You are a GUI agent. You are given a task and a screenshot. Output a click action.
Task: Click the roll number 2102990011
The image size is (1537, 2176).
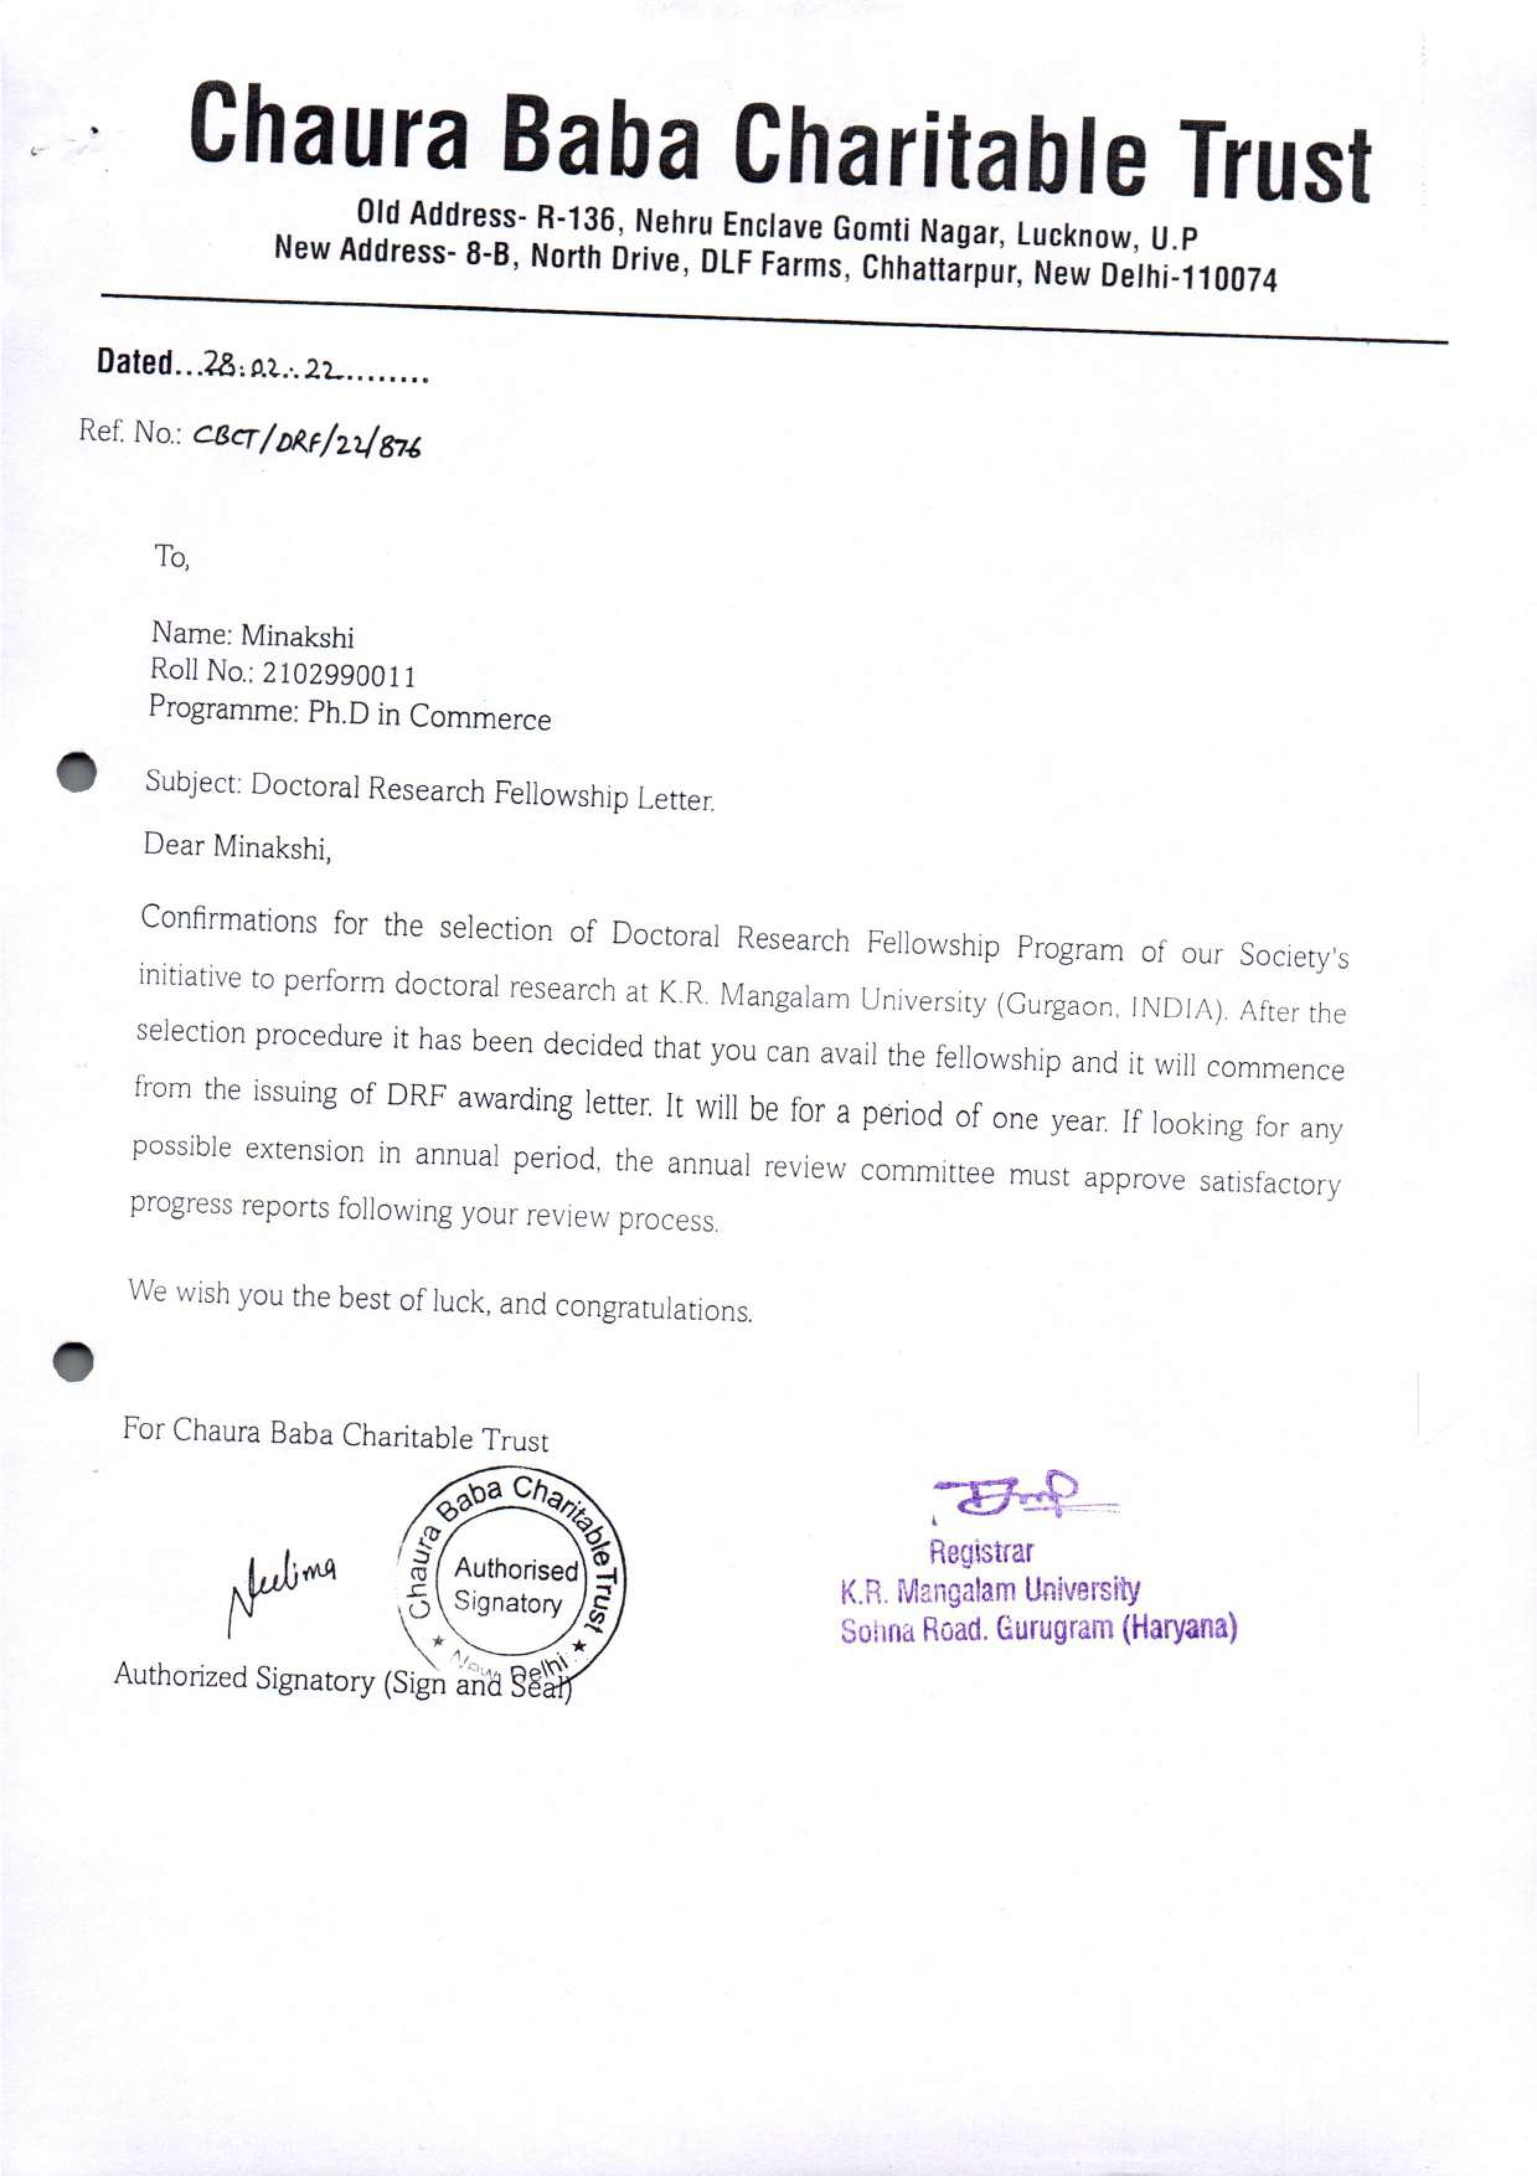pyautogui.click(x=338, y=675)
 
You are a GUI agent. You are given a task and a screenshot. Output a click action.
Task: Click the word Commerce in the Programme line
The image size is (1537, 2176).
pyautogui.click(x=479, y=718)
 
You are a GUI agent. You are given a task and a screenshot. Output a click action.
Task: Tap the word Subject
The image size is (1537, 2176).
pyautogui.click(x=192, y=782)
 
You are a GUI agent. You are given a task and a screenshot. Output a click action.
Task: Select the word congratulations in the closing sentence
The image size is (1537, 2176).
pyautogui.click(x=653, y=1309)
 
